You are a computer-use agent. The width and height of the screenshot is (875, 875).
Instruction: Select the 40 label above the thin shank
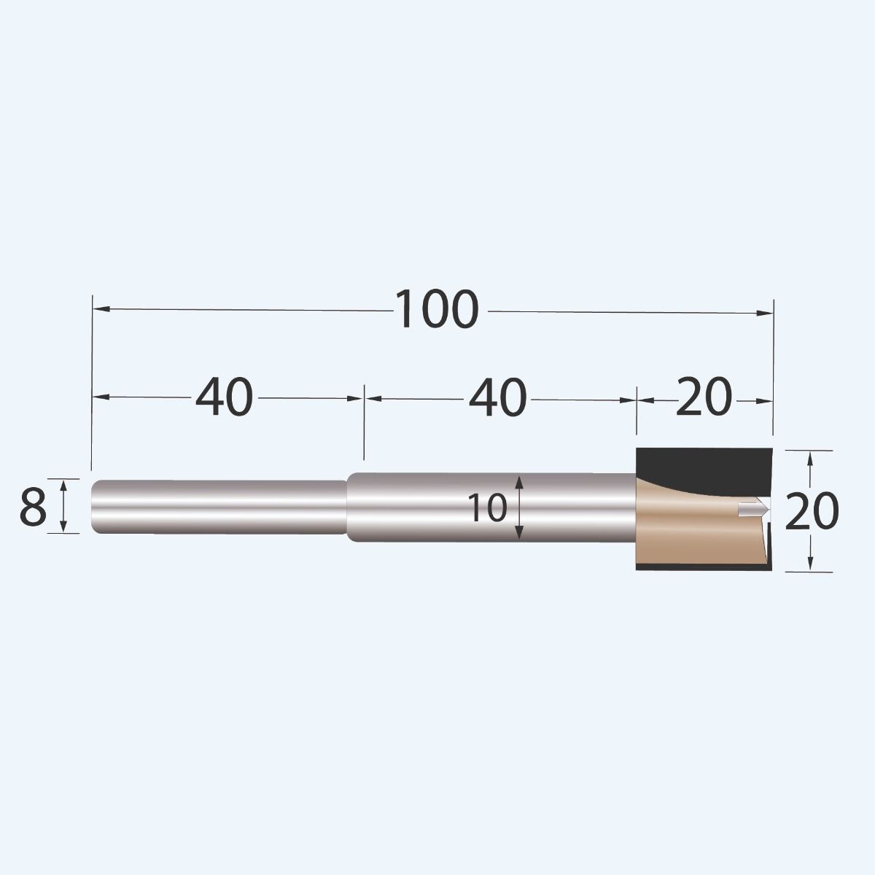point(224,398)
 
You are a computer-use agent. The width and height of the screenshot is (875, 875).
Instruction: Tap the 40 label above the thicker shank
point(497,399)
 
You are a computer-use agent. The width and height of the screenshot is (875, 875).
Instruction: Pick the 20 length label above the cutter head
point(703,398)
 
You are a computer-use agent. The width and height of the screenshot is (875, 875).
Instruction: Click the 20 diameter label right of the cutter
point(812,511)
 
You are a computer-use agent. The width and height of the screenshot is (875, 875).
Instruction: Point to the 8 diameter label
point(33,507)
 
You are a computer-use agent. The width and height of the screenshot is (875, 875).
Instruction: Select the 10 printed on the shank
point(487,508)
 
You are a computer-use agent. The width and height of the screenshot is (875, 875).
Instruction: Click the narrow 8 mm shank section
point(219,507)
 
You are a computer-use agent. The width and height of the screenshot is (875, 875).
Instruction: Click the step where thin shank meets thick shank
point(347,507)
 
